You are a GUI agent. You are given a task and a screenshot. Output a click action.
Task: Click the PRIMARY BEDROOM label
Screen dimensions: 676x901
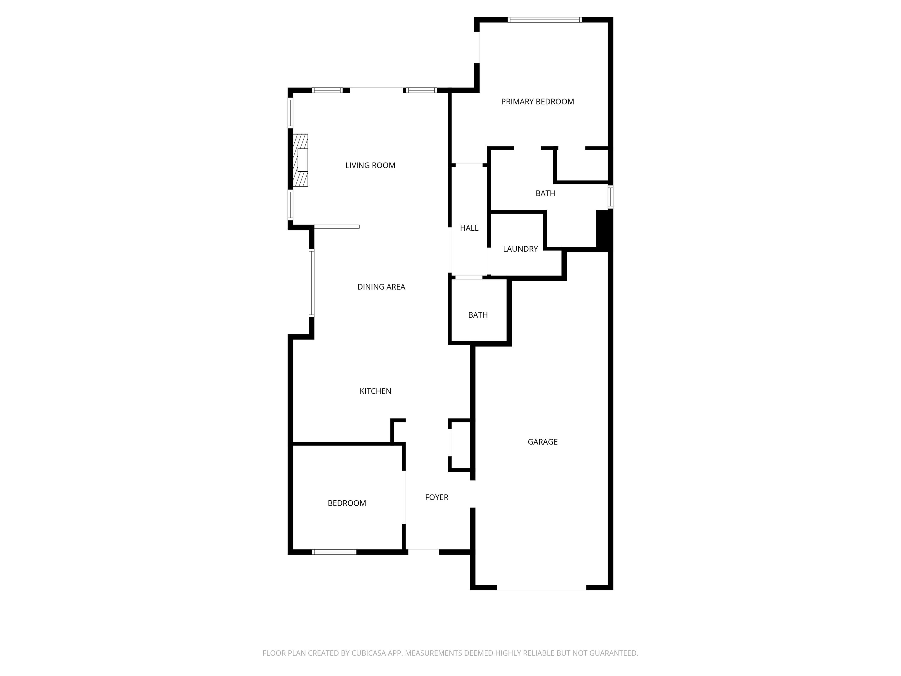coord(537,102)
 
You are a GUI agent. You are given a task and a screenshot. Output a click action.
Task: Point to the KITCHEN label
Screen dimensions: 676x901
coord(375,391)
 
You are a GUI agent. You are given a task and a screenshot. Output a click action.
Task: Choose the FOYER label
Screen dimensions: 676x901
coord(436,497)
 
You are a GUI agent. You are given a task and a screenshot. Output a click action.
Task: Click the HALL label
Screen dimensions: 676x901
coord(469,228)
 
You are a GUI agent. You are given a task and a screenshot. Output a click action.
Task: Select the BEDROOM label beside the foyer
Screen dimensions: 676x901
coord(347,503)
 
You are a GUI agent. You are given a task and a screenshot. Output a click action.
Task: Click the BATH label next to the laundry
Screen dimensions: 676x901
coord(545,193)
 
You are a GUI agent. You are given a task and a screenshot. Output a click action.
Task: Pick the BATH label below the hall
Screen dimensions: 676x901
coord(478,315)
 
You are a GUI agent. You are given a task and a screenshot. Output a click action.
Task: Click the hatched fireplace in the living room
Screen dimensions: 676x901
coord(301,160)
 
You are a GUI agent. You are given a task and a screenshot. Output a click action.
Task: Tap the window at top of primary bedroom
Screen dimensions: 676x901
coord(544,20)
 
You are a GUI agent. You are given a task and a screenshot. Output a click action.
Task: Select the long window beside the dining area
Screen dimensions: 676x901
coord(312,283)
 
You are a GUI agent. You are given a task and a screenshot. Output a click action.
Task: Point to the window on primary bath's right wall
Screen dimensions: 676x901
coord(610,197)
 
